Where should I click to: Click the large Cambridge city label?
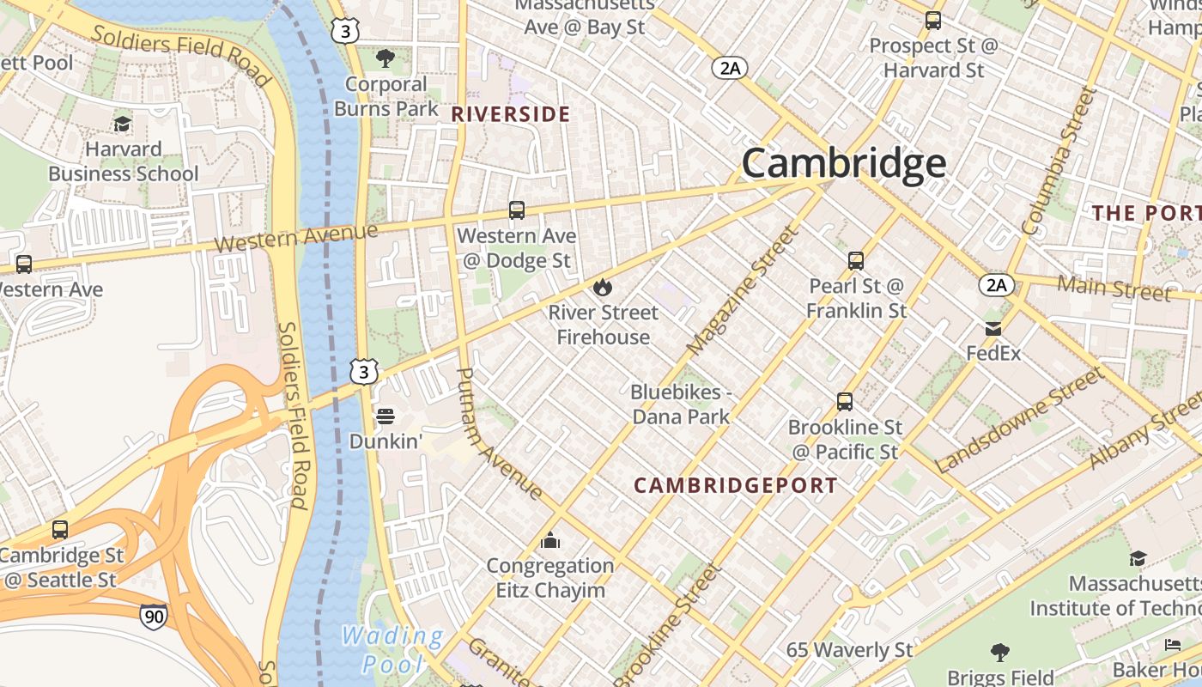[x=844, y=163]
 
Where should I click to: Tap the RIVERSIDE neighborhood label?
[x=511, y=114]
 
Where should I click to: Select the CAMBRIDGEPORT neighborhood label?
[x=736, y=485]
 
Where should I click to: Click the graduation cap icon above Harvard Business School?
[x=123, y=125]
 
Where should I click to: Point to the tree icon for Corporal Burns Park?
[x=385, y=58]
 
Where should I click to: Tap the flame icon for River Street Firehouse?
[x=603, y=287]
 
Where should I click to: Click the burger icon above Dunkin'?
[x=385, y=416]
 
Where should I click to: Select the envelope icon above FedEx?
[x=993, y=329]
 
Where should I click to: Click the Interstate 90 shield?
[x=154, y=617]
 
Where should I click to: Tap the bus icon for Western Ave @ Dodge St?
[x=517, y=210]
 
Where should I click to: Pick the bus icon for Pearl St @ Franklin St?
[x=856, y=261]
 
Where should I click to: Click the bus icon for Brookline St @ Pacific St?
[x=845, y=402]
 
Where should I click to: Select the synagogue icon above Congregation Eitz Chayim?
[x=550, y=540]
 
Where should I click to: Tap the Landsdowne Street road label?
[x=1018, y=421]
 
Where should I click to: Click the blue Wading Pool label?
[x=392, y=650]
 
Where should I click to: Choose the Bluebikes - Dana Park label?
[x=681, y=404]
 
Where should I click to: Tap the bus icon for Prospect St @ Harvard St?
[x=933, y=21]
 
